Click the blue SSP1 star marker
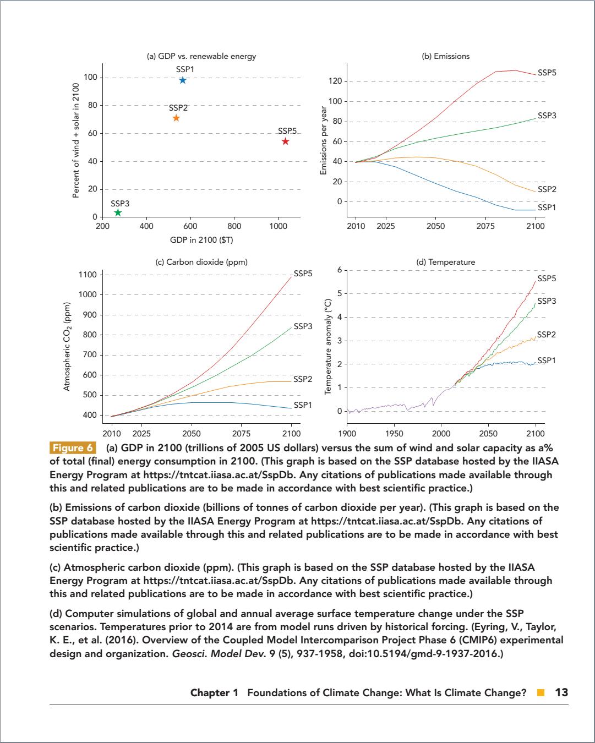183,80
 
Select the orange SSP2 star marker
176,118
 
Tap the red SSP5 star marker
285,141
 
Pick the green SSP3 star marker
118,213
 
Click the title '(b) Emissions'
445,56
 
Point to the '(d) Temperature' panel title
445,262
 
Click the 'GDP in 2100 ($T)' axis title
201,240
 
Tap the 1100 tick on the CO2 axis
89,275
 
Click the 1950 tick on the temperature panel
394,433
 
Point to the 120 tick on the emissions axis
335,81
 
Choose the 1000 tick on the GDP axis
278,226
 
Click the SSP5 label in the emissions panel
547,73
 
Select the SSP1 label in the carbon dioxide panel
303,405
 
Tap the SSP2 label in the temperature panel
546,335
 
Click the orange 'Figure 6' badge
73,447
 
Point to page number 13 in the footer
561,692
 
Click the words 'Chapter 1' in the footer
214,693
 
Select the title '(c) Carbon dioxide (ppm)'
201,262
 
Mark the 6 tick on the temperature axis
340,270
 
